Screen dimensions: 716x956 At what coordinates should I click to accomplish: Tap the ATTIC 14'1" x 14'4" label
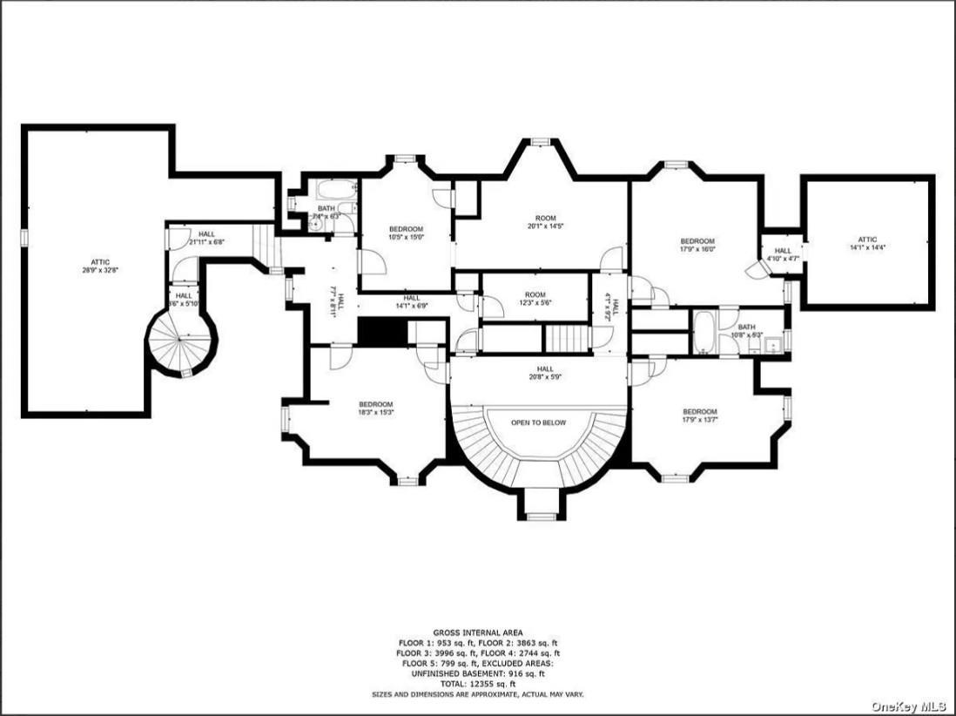(x=867, y=244)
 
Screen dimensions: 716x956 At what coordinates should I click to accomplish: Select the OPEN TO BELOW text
(x=538, y=422)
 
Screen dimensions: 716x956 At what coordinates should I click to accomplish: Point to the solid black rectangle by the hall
(x=383, y=331)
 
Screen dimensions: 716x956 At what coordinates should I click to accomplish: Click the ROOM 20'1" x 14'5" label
(x=545, y=222)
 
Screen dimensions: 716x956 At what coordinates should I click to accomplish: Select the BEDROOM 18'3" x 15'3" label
(x=376, y=409)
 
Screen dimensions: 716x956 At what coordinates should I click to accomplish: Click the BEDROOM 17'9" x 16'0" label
(x=697, y=246)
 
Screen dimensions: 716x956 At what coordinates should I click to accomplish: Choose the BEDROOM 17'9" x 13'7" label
(x=699, y=416)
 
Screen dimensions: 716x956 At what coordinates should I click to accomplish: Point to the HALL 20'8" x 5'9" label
(x=545, y=373)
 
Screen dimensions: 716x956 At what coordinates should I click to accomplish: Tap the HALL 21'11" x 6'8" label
(x=206, y=238)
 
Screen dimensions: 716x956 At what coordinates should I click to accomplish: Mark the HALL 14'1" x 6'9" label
(x=412, y=302)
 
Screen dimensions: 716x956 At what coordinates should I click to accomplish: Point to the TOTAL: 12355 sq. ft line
(x=477, y=683)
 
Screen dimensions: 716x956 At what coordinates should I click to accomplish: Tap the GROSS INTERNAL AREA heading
(x=477, y=632)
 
